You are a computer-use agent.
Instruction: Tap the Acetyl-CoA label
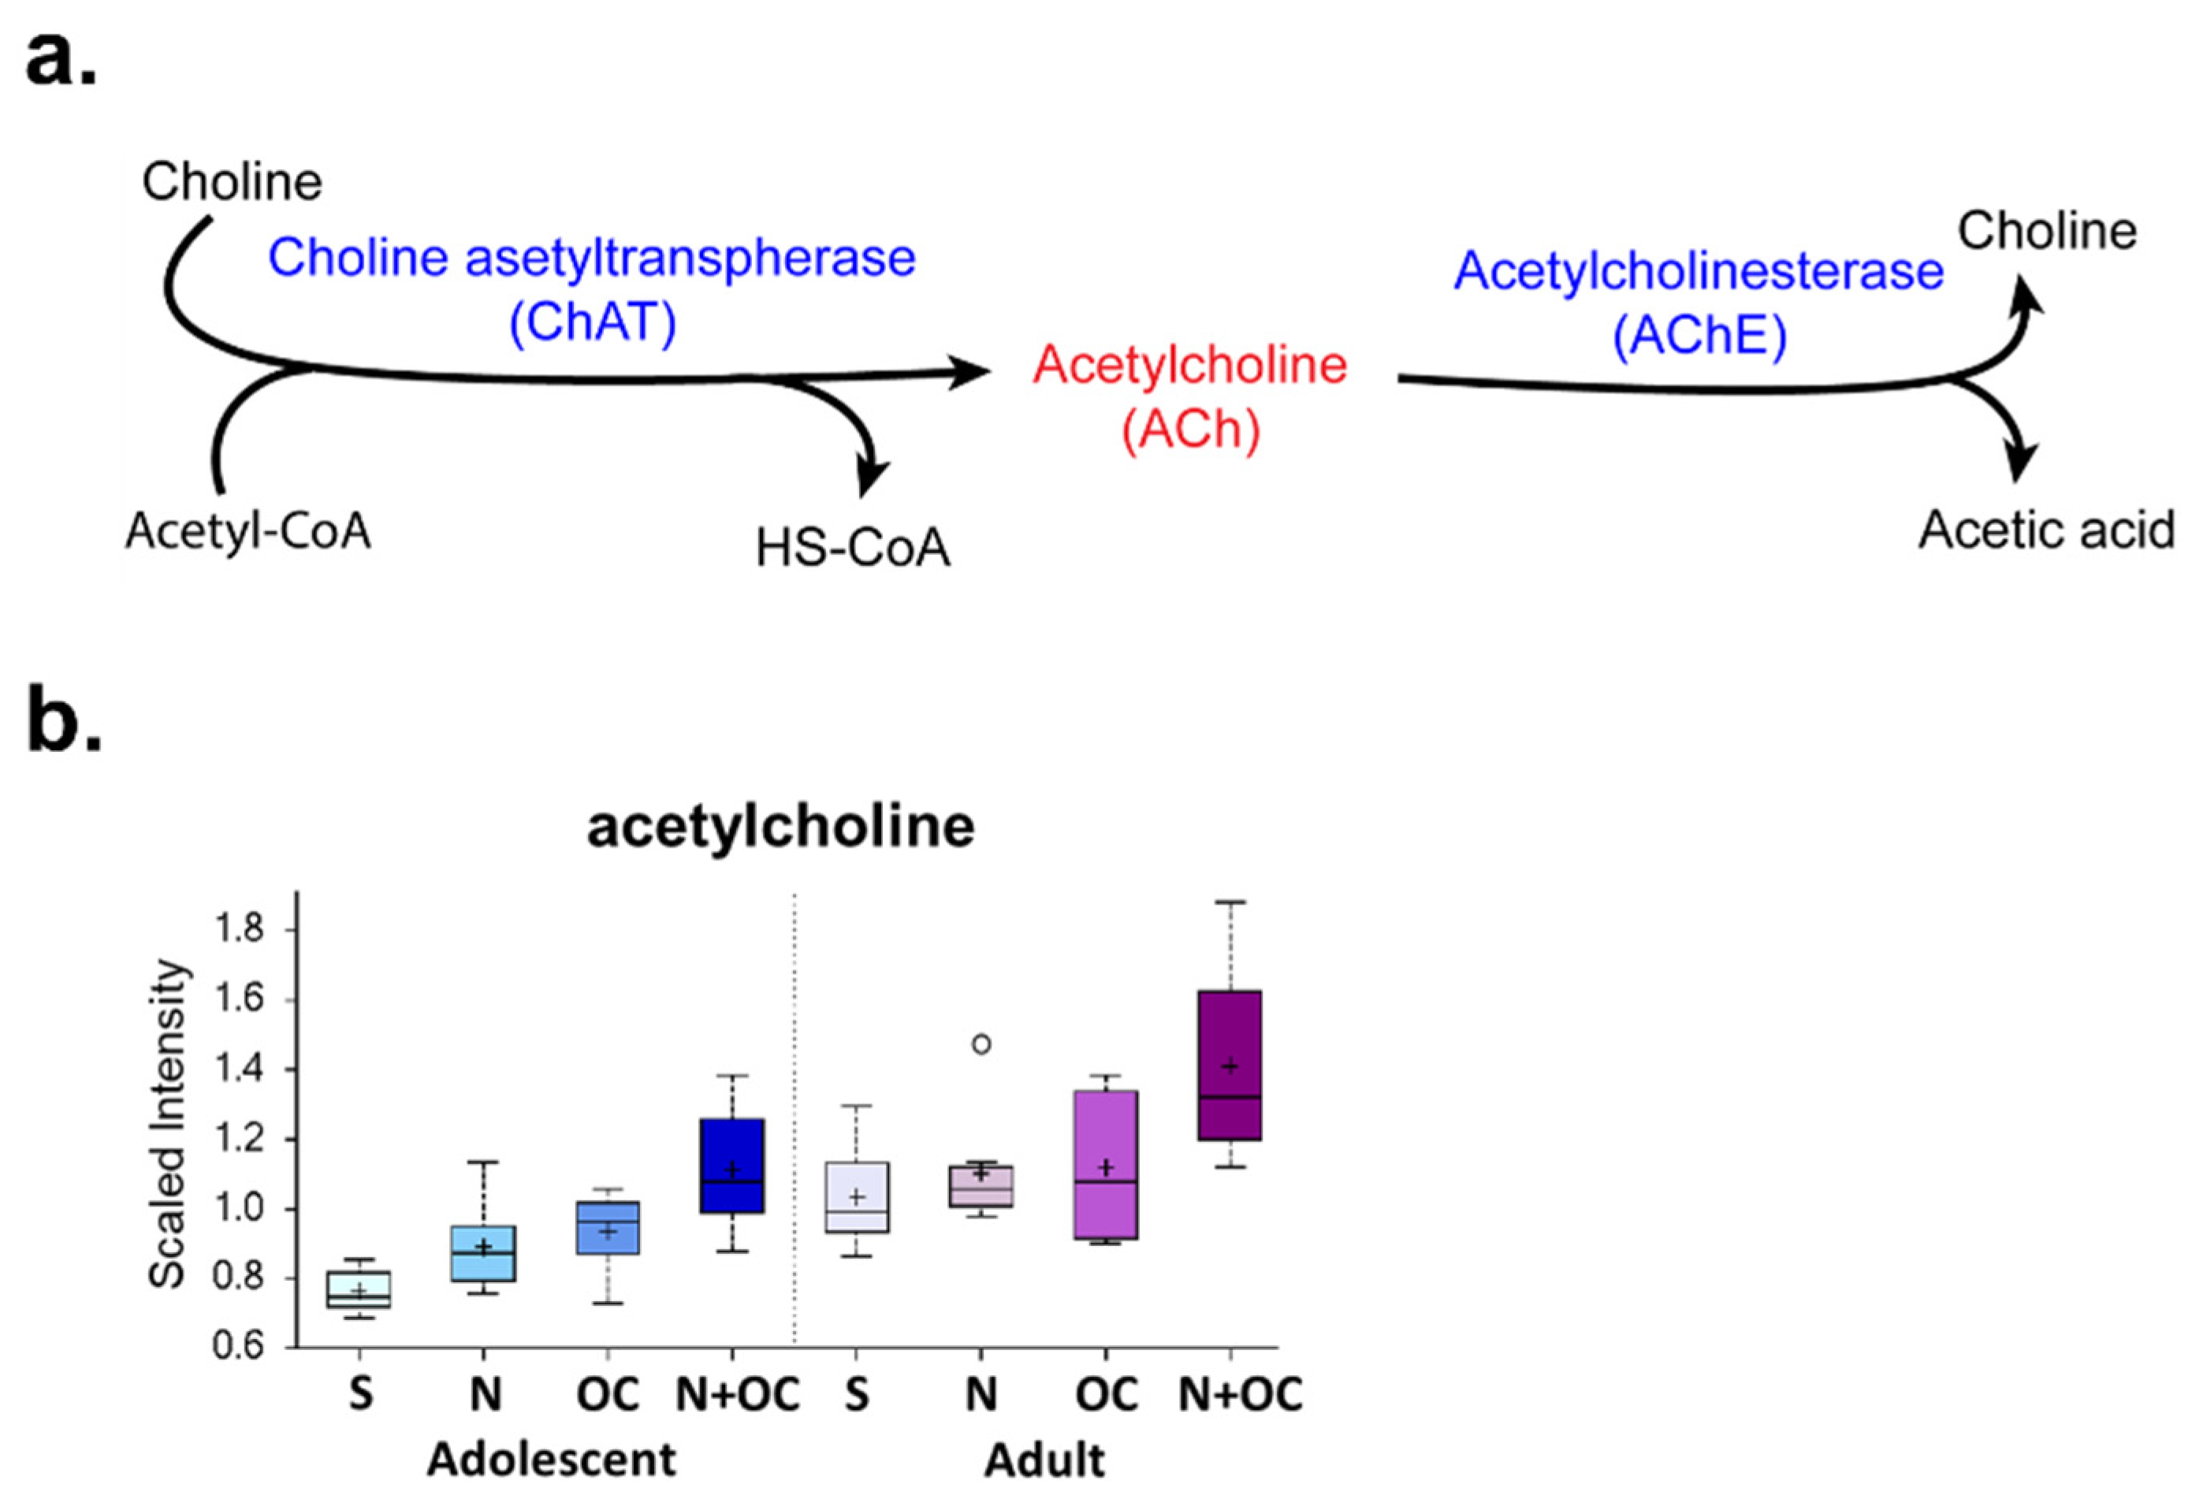tap(247, 531)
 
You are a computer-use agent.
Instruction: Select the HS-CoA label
tap(853, 548)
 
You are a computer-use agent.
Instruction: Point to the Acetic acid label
tap(2045, 530)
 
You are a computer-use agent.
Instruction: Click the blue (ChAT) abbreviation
tap(592, 323)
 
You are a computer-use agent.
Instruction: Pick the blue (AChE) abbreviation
tap(1699, 335)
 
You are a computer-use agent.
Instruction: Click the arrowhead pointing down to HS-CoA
tap(873, 475)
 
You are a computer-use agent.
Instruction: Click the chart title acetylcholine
tap(780, 827)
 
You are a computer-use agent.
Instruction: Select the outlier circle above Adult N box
tap(981, 1043)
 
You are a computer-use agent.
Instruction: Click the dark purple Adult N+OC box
tap(1230, 1065)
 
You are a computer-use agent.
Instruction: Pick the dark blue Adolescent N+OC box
tap(731, 1166)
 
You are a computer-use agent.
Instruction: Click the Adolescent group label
tap(552, 1460)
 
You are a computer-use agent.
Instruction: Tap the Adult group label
tap(1044, 1460)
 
